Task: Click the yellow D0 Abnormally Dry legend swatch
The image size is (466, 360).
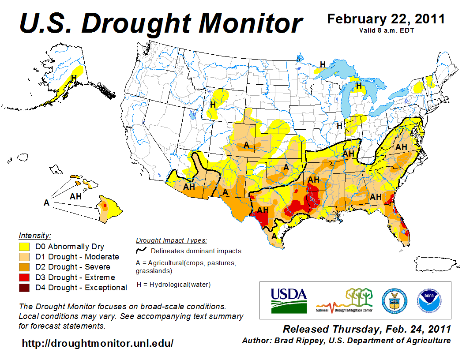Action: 24,247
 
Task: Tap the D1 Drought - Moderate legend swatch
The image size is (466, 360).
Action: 24,257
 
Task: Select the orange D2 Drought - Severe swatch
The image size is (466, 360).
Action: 24,267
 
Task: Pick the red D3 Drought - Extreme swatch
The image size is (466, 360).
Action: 24,277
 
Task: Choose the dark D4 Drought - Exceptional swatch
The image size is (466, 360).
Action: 24,288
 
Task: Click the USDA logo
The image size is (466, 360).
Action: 289,300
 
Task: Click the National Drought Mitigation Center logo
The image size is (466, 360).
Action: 344,300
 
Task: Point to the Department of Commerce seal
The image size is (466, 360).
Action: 395,300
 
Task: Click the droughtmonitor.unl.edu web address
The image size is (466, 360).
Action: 98,343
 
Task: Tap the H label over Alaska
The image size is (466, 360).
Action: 74,78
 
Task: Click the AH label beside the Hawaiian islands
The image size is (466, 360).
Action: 75,196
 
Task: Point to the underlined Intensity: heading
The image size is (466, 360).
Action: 35,235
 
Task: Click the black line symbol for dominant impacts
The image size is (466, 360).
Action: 141,251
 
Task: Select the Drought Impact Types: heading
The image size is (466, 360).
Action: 171,240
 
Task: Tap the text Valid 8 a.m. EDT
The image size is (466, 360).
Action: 386,30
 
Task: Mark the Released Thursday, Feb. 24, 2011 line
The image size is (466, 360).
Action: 366,329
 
